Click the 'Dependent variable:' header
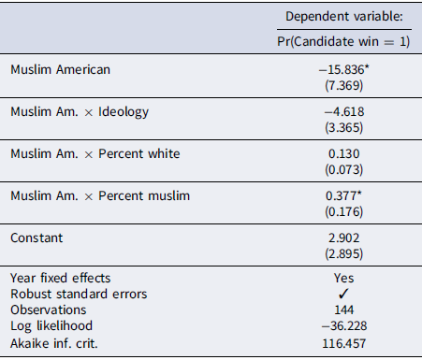pyautogui.click(x=344, y=17)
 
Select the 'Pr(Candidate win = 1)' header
pyautogui.click(x=343, y=41)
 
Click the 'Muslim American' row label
pyautogui.click(x=60, y=69)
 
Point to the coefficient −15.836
pyautogui.click(x=343, y=69)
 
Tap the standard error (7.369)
pyautogui.click(x=344, y=85)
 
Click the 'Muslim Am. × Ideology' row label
pyautogui.click(x=80, y=112)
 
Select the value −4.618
pyautogui.click(x=344, y=111)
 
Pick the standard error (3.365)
pyautogui.click(x=344, y=127)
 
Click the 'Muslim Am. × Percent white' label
pyautogui.click(x=95, y=153)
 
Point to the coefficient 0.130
pyautogui.click(x=344, y=153)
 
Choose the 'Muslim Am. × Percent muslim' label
pyautogui.click(x=100, y=195)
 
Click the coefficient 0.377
pyautogui.click(x=343, y=195)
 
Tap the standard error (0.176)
pyautogui.click(x=344, y=211)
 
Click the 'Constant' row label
pyautogui.click(x=36, y=238)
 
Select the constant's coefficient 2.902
pyautogui.click(x=344, y=238)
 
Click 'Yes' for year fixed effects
pyautogui.click(x=344, y=278)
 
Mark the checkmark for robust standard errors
pyautogui.click(x=343, y=294)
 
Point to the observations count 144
pyautogui.click(x=344, y=310)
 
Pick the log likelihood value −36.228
pyautogui.click(x=344, y=325)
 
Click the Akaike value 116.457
pyautogui.click(x=344, y=343)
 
